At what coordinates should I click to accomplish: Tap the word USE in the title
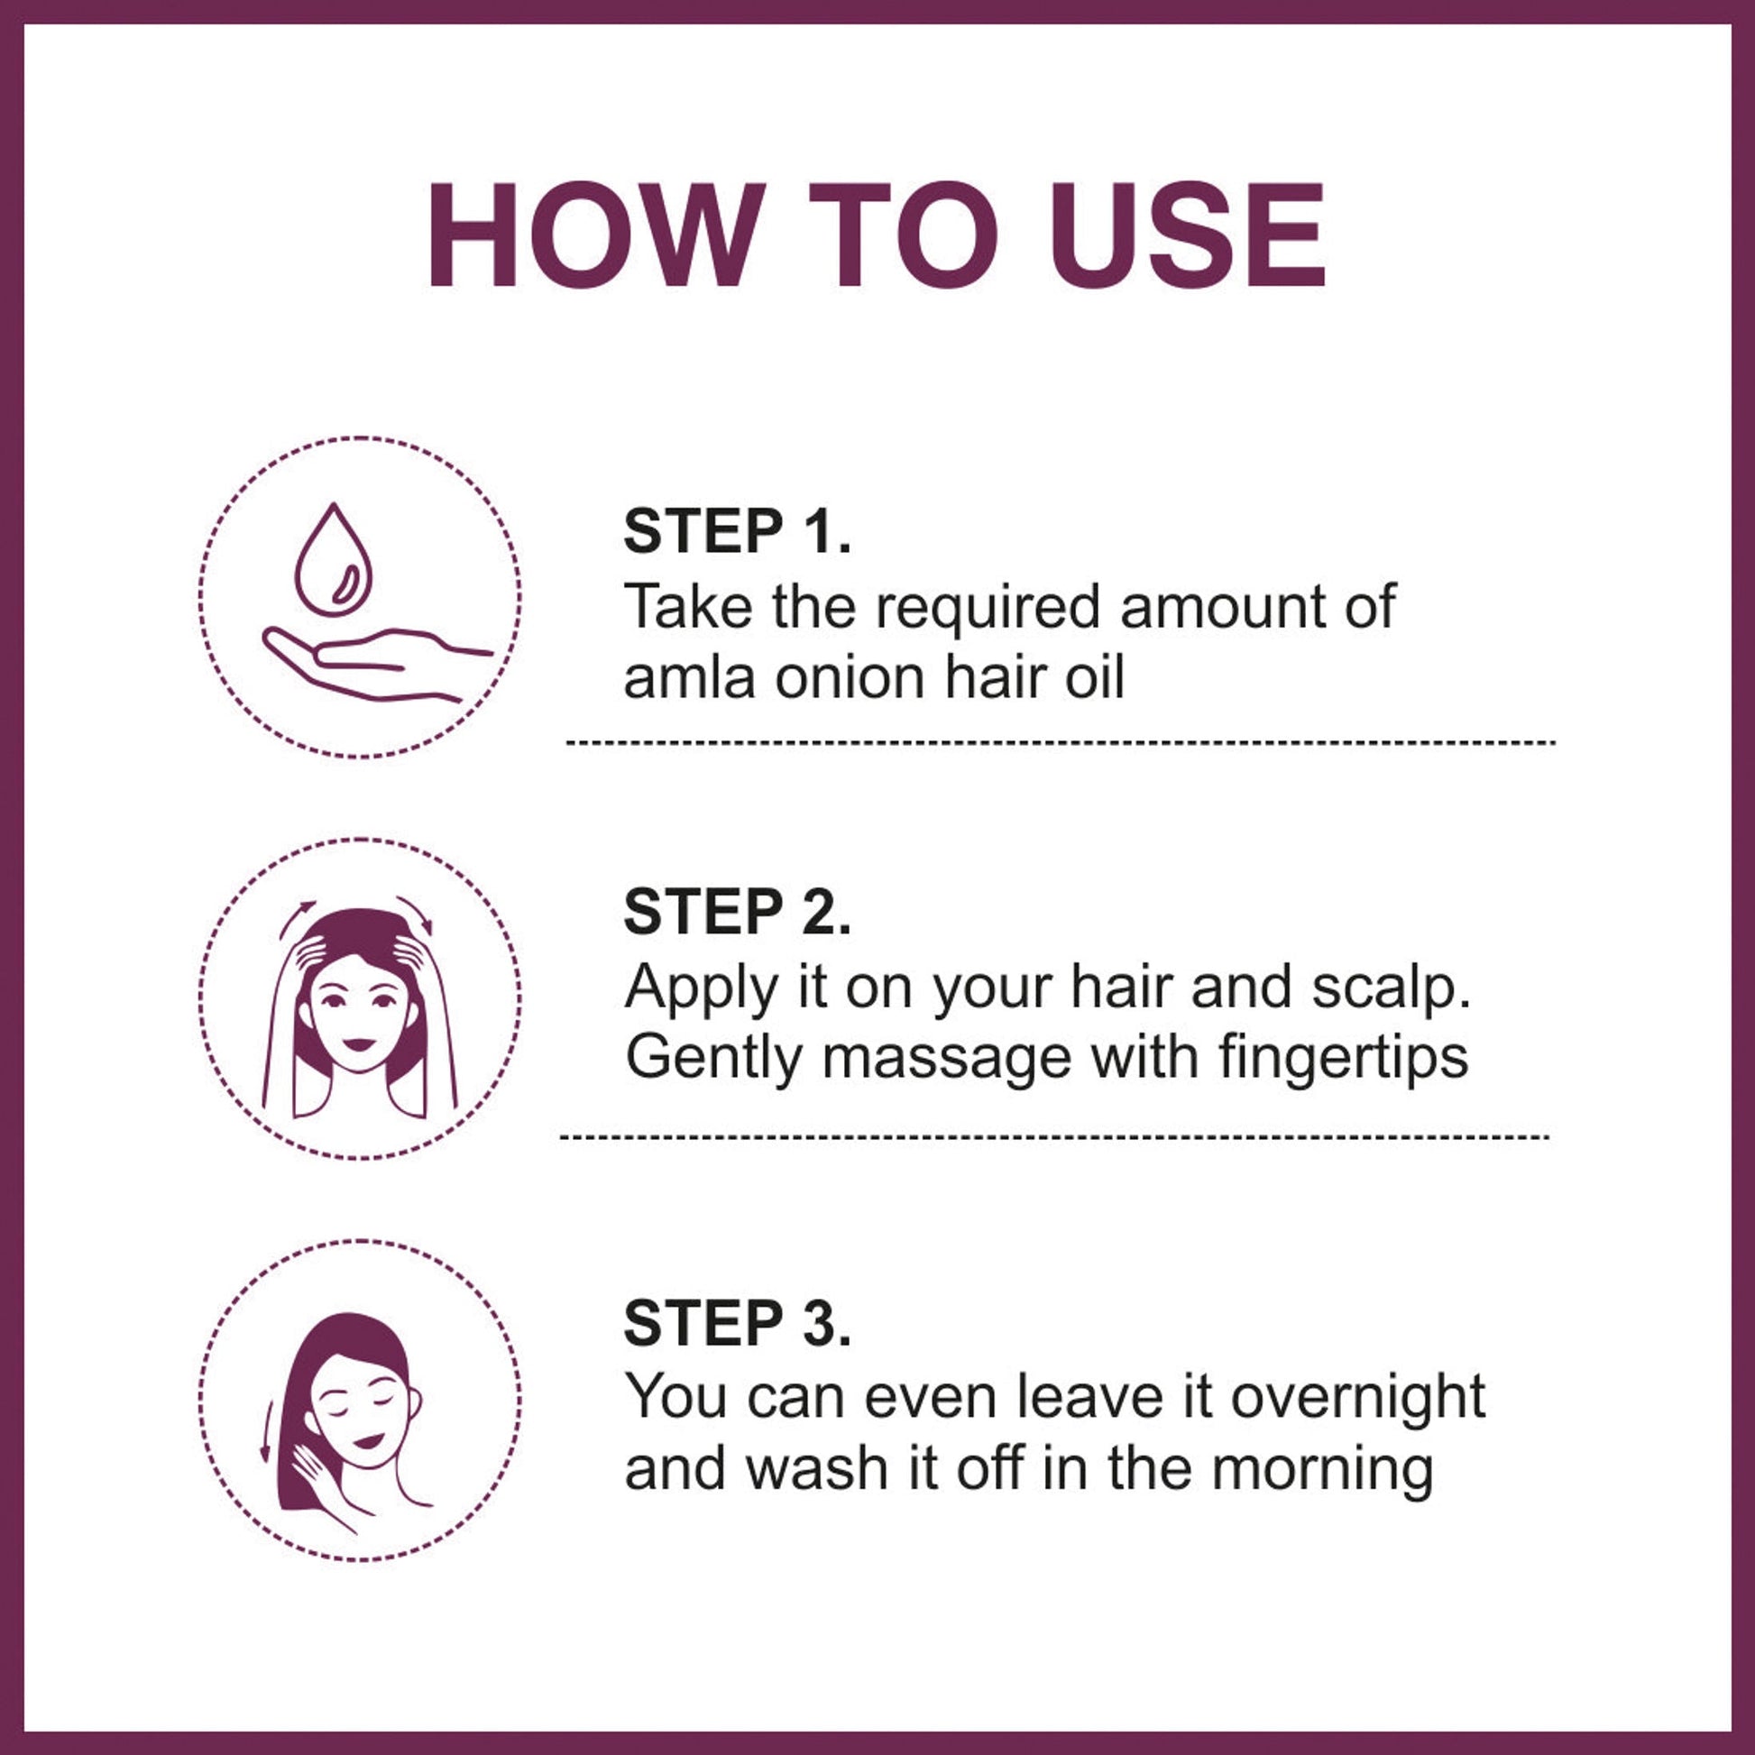pyautogui.click(x=1186, y=235)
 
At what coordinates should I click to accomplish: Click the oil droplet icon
pyautogui.click(x=334, y=560)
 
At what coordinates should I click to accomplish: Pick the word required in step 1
pyautogui.click(x=988, y=608)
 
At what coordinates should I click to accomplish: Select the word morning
pyautogui.click(x=1323, y=1471)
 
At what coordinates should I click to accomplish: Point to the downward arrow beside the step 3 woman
pyautogui.click(x=267, y=1429)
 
